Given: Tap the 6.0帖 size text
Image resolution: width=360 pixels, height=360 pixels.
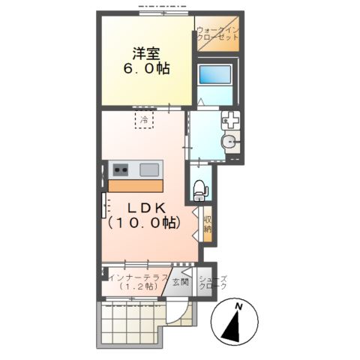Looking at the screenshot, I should click(x=146, y=68).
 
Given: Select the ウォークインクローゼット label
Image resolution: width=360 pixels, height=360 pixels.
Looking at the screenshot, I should click(x=217, y=34).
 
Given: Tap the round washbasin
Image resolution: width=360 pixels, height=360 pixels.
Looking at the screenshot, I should click(x=229, y=142).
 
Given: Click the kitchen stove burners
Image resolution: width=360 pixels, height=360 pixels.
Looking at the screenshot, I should click(x=121, y=169).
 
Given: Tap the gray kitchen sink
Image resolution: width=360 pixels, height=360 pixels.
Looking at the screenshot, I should click(x=148, y=169).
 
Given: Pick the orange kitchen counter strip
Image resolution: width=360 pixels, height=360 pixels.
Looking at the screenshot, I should click(x=136, y=184).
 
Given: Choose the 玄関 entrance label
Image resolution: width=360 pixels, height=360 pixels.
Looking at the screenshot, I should click(x=179, y=283).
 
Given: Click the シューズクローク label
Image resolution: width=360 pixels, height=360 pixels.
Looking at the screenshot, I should click(x=212, y=283).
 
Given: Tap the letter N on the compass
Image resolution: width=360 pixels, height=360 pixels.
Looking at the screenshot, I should click(x=238, y=307).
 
